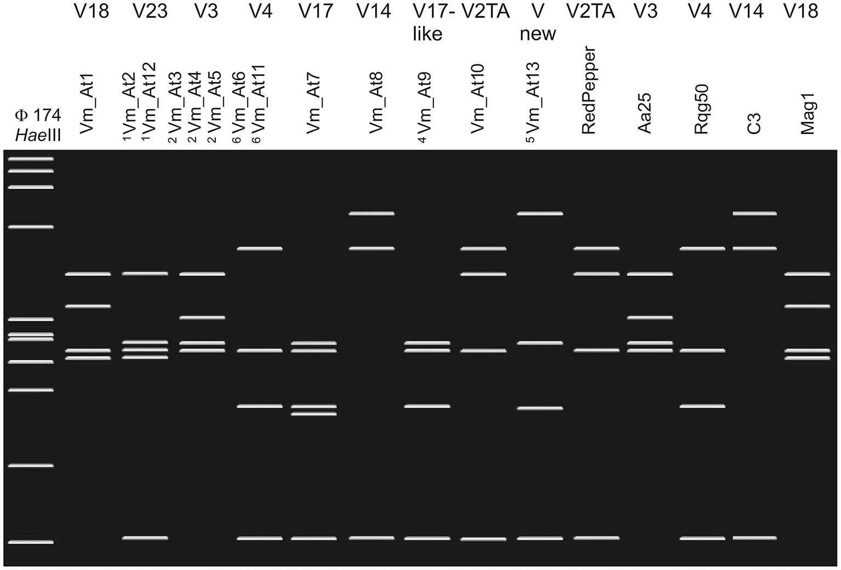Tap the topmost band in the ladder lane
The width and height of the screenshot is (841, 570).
point(31,159)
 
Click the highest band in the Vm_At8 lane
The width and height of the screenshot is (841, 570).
point(372,213)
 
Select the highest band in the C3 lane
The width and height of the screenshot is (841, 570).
point(754,213)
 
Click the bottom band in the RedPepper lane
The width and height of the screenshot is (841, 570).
point(597,538)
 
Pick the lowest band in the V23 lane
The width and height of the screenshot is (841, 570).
point(145,538)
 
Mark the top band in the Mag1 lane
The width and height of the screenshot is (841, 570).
point(807,273)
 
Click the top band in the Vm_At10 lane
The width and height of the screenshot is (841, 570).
point(483,249)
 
